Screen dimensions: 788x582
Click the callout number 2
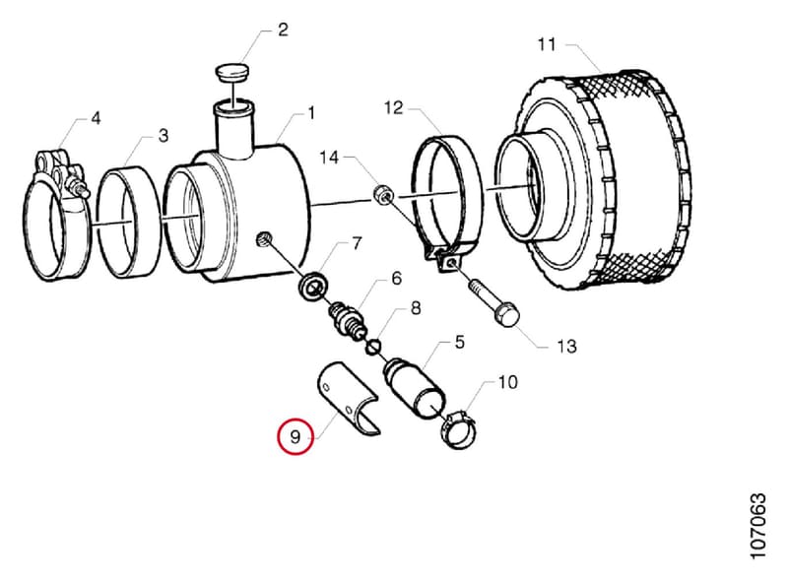click(283, 30)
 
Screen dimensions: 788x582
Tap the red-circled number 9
click(295, 436)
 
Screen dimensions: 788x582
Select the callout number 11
click(547, 44)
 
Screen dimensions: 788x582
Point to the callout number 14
click(330, 158)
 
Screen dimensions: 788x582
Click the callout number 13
click(566, 346)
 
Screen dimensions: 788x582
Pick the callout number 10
click(507, 382)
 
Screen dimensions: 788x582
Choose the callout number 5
click(459, 343)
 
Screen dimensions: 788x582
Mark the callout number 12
click(393, 108)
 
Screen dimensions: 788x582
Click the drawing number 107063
click(757, 526)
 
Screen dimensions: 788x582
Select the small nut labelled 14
click(382, 195)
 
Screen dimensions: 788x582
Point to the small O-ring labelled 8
click(373, 347)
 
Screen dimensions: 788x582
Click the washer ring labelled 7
click(313, 286)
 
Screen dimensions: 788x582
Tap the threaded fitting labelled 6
click(348, 321)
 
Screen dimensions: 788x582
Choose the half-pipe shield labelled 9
click(346, 399)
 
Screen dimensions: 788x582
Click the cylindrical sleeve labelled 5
click(414, 387)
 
